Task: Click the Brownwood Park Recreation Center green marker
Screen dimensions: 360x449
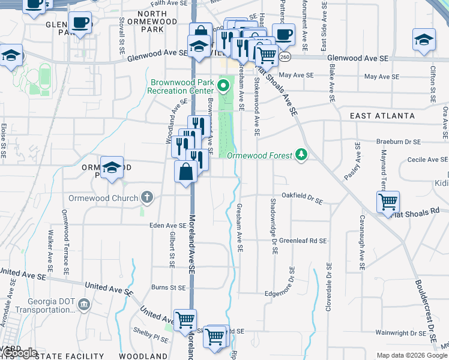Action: (224, 85)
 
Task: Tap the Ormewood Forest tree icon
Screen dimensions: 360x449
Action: (302, 155)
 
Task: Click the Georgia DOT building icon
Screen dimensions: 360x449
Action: (84, 305)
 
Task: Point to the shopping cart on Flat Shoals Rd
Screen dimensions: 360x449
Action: (388, 202)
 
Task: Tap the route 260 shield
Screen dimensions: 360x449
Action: (284, 57)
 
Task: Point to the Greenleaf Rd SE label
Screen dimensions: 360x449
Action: (303, 240)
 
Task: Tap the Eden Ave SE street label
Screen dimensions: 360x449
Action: (168, 225)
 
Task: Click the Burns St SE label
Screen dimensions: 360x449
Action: (168, 287)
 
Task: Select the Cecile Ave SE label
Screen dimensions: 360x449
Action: (427, 160)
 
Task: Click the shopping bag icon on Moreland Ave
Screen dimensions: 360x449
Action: (186, 172)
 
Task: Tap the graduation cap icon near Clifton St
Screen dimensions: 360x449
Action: (424, 40)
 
